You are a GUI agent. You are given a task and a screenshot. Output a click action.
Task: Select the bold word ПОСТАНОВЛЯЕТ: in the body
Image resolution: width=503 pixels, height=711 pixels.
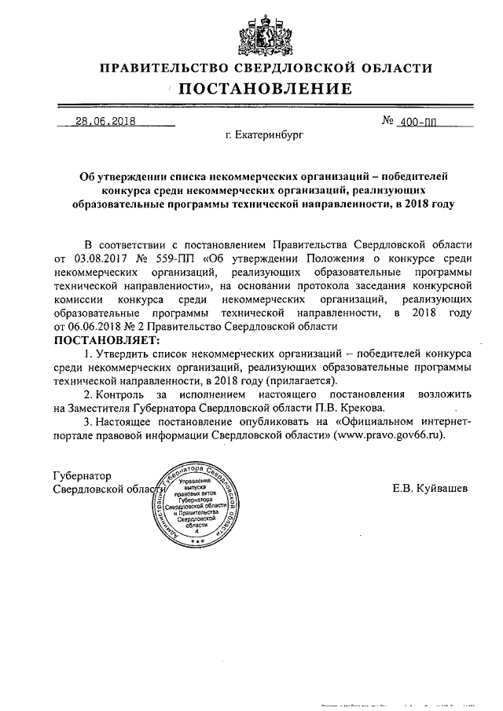point(106,339)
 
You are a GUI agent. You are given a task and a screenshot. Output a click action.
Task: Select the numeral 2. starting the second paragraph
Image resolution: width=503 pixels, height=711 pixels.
point(89,394)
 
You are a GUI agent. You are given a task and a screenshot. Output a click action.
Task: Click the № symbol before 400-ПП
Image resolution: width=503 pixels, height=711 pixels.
point(387,121)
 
